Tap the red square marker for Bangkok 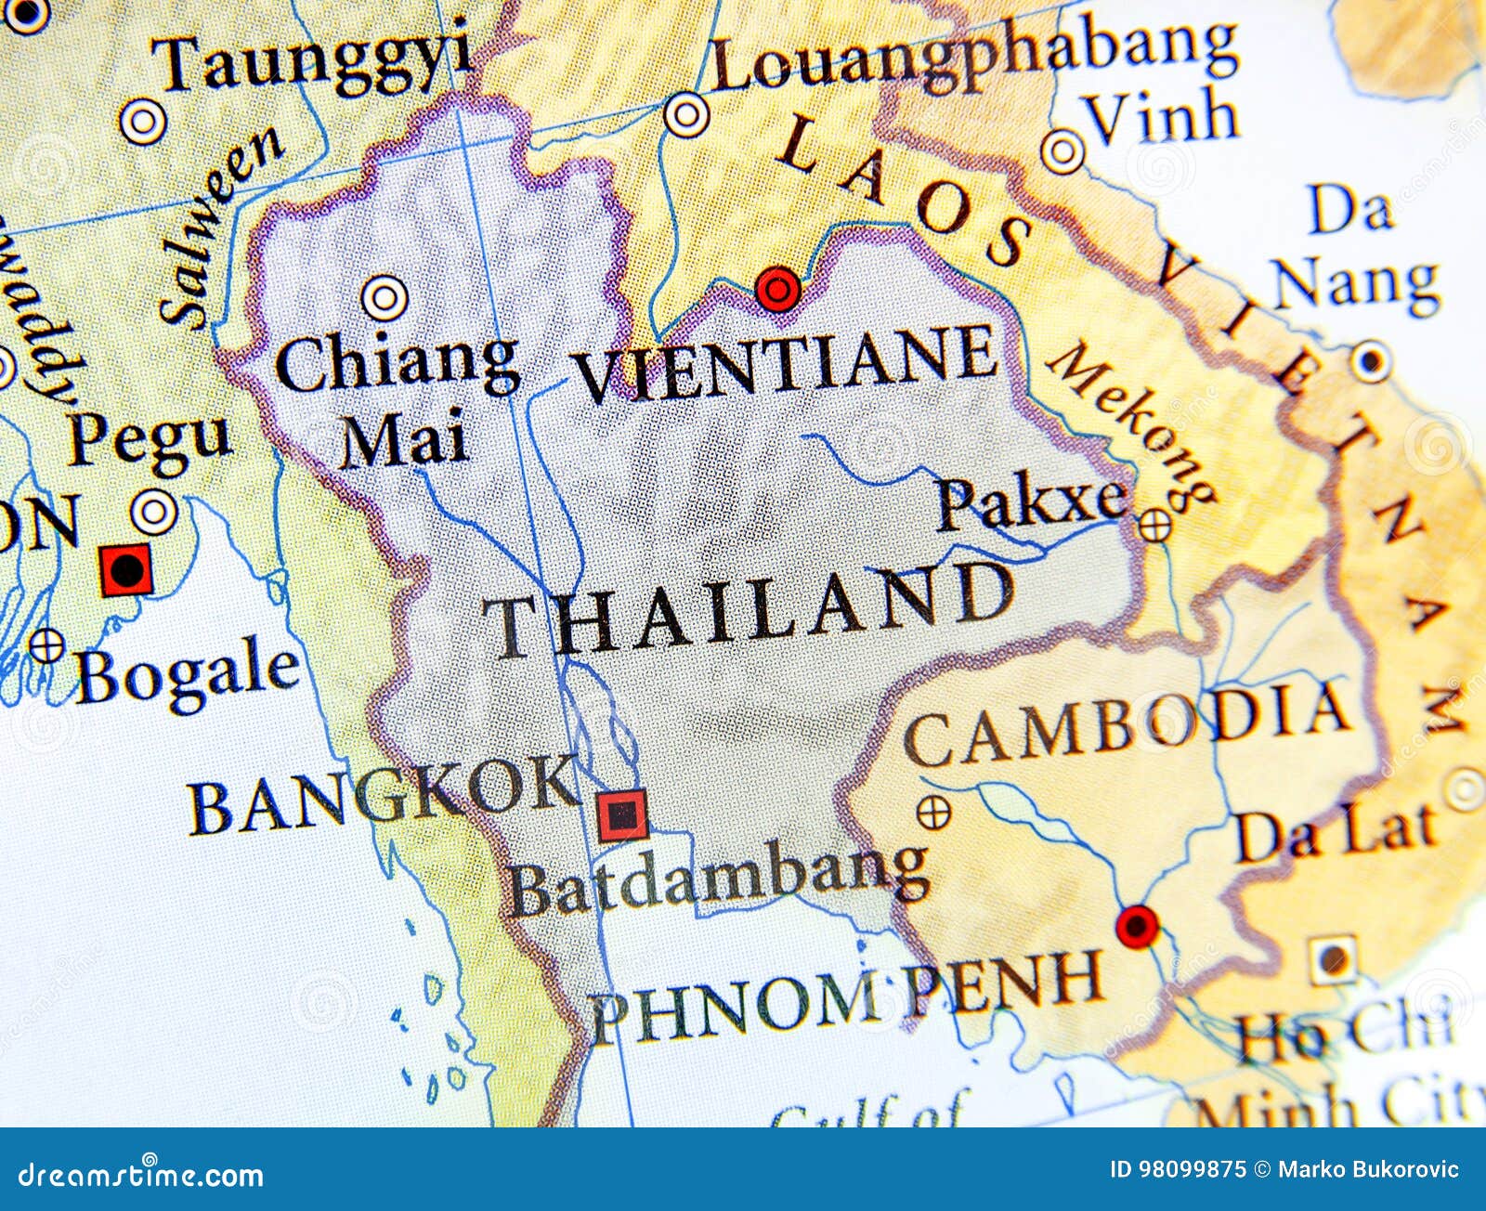pos(621,816)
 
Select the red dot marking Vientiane pos(777,291)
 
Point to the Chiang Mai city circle pos(385,298)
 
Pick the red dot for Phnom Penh pos(1137,925)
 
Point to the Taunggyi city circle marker pos(144,122)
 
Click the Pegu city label pos(149,439)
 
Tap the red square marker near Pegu pos(126,569)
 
